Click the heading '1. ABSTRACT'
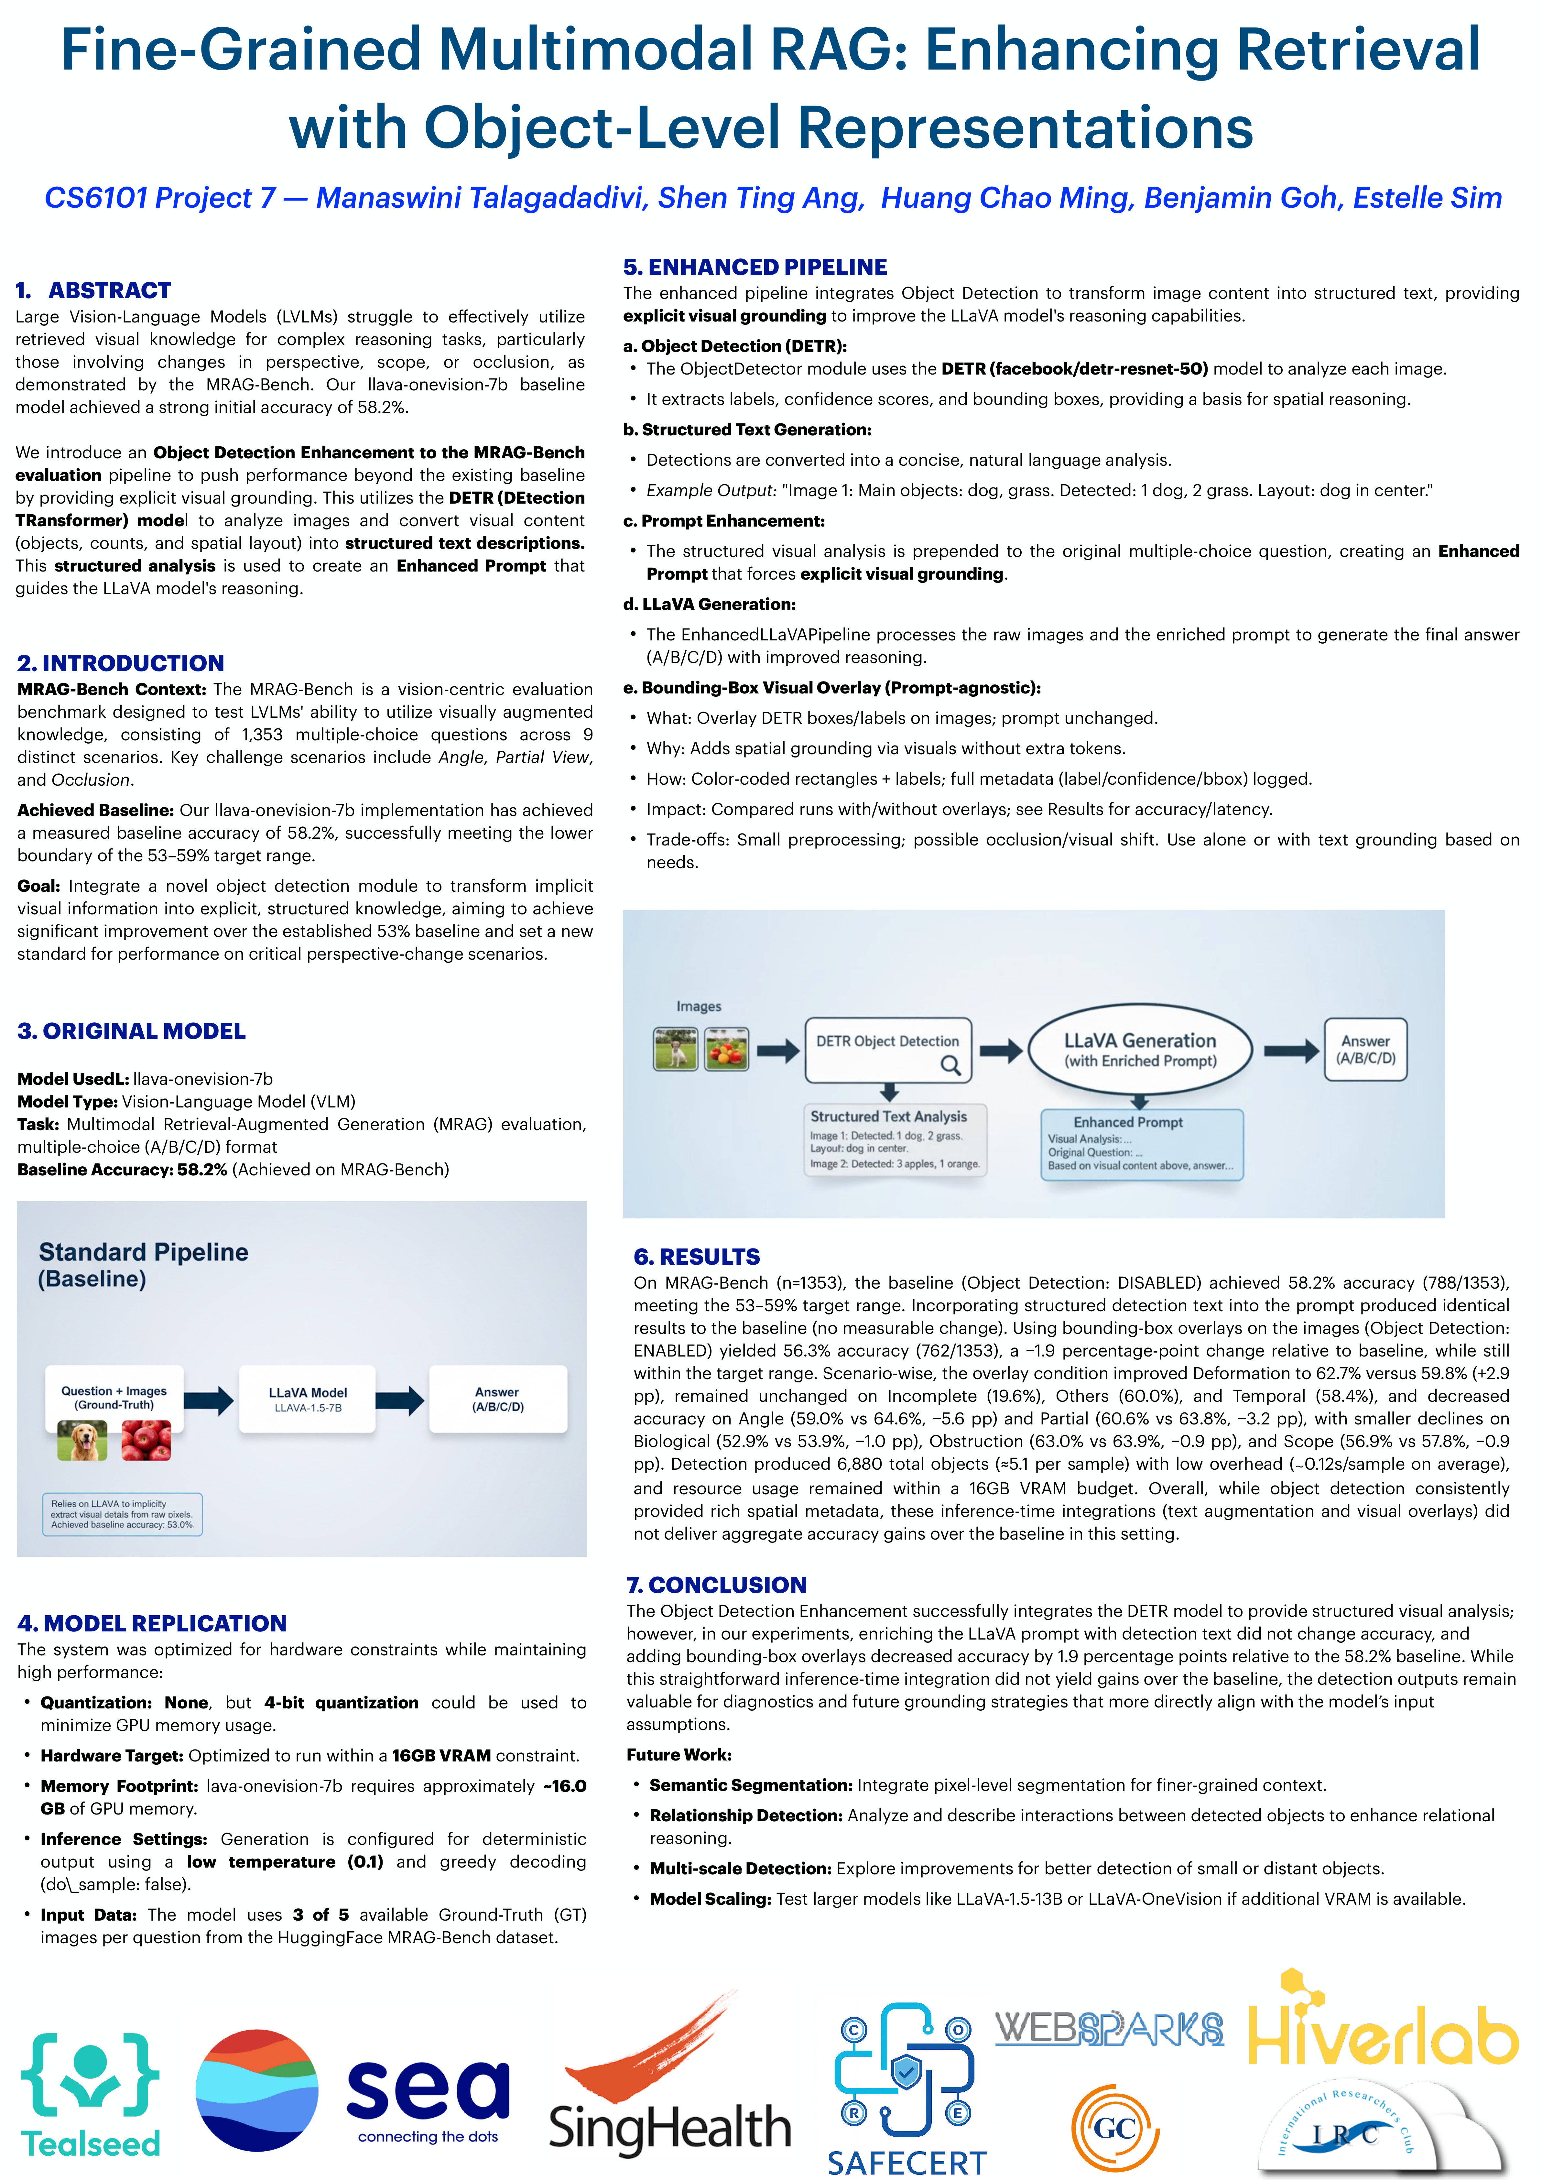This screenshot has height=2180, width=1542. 93,290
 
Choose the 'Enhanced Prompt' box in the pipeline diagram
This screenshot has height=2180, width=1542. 1141,1144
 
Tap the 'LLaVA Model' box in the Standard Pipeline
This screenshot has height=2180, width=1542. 308,1399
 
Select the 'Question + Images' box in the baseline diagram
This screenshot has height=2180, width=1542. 114,1398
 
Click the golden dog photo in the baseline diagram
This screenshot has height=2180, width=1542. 82,1440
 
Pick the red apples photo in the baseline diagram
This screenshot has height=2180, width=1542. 146,1440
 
